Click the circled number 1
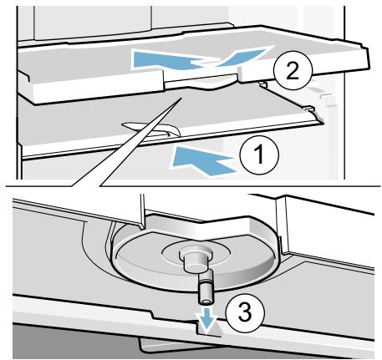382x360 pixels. [259, 154]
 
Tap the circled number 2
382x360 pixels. [293, 70]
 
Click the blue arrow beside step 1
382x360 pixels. [203, 162]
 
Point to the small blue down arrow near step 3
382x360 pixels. [206, 320]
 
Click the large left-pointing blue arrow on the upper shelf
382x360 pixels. [167, 60]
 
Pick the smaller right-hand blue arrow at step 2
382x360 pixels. [240, 57]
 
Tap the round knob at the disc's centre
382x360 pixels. [195, 260]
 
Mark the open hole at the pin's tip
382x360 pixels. [206, 302]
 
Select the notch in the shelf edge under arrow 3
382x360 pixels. [210, 328]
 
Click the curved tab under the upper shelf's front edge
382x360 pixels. [215, 86]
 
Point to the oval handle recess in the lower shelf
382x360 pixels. [152, 129]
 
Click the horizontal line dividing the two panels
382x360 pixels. [191, 185]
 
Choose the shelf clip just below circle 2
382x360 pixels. [262, 84]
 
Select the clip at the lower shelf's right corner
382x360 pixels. [310, 109]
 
